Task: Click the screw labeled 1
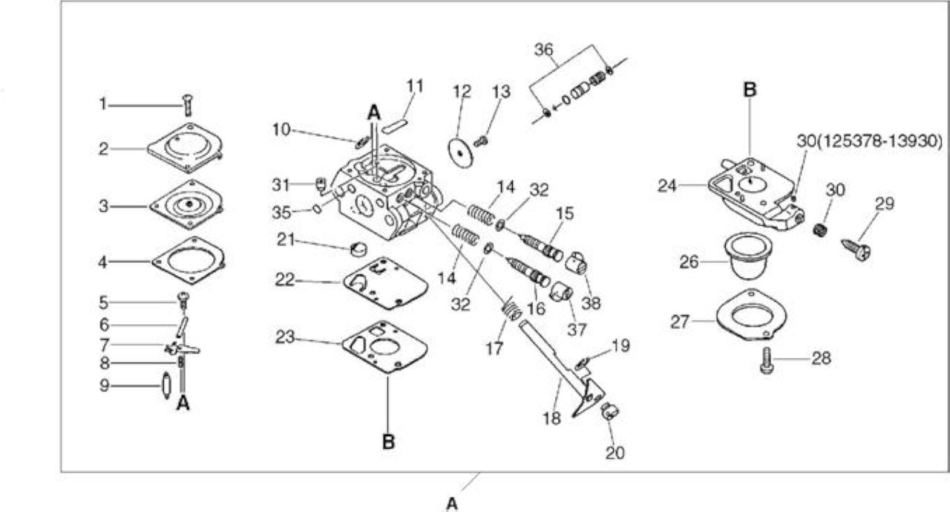tap(189, 105)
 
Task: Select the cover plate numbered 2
tap(186, 147)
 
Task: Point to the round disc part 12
tap(460, 152)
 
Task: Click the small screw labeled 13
tap(480, 141)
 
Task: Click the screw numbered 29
tap(856, 250)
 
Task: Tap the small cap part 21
tap(358, 249)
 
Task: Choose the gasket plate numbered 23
tap(385, 347)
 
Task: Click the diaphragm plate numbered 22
tap(385, 282)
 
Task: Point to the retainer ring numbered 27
tap(751, 315)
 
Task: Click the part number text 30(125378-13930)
tap(869, 141)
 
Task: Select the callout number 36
tap(544, 50)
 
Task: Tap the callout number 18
tap(551, 418)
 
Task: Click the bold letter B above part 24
tap(750, 90)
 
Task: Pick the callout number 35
tap(281, 213)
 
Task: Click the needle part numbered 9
tap(166, 386)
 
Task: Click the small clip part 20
tap(610, 412)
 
